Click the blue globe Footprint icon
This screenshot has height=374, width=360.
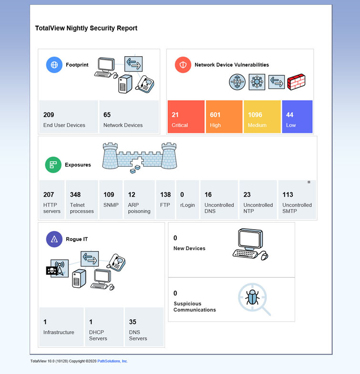54,65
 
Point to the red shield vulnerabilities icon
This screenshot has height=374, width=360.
183,65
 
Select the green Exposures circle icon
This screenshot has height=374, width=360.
53,164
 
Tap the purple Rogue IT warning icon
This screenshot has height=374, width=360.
54,239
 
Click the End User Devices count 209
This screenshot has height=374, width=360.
49,115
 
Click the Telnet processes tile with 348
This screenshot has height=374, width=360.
82,200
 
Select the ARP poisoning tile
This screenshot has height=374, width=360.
139,200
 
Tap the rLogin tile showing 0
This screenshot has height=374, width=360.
187,200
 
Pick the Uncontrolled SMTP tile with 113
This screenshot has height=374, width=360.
297,200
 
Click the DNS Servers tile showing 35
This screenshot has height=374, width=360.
144,327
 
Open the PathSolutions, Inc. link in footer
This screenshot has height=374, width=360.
113,361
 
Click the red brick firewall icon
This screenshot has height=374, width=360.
297,81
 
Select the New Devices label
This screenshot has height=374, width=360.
189,248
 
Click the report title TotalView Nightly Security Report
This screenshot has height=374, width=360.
86,28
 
